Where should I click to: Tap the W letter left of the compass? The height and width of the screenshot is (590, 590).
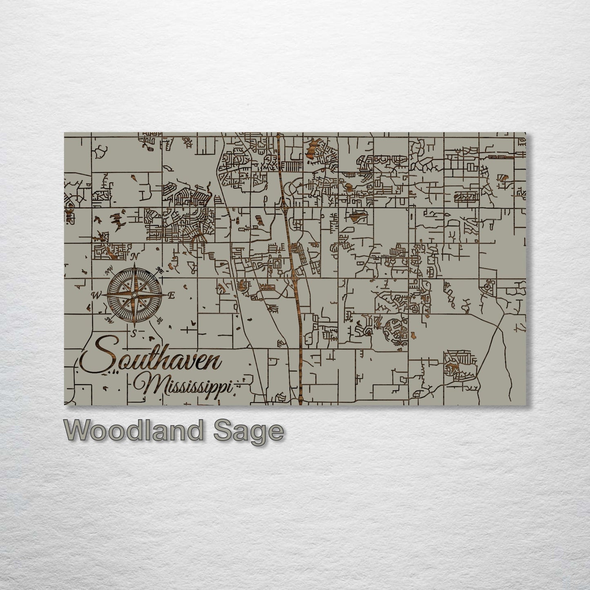click(x=97, y=295)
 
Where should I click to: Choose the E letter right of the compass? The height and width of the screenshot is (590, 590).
click(x=171, y=295)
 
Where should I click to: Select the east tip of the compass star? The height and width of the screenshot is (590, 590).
click(x=165, y=295)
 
